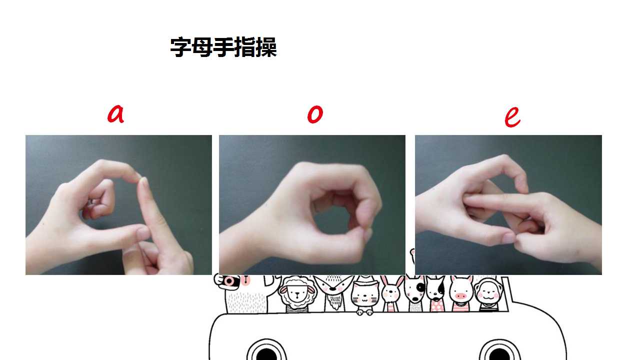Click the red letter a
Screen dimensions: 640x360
point(115,114)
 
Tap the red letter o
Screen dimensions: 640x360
point(315,114)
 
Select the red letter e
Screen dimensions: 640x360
point(512,117)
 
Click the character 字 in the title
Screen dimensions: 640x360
point(180,47)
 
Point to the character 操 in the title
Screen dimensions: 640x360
point(266,47)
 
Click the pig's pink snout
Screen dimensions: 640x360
point(460,296)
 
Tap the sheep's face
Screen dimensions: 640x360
point(297,295)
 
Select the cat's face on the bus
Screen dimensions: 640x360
point(365,296)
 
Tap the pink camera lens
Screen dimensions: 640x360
point(229,281)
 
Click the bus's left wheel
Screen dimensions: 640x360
point(266,351)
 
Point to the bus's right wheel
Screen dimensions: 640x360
point(499,351)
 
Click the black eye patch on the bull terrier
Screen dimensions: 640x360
point(420,286)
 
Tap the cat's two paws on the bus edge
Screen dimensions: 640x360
point(365,312)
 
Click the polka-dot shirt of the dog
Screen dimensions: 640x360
point(436,306)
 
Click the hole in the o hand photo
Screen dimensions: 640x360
point(331,219)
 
